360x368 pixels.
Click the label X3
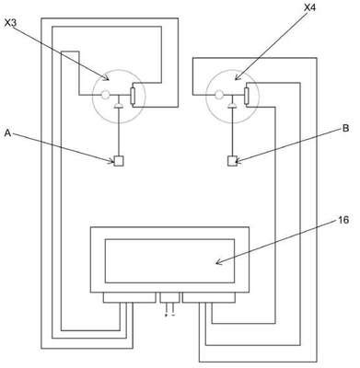tap(11, 23)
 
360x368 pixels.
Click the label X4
tap(309, 7)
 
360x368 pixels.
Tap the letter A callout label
tap(8, 133)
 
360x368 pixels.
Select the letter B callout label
tap(345, 128)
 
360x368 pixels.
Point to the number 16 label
tap(343, 220)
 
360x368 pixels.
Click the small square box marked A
tap(119, 161)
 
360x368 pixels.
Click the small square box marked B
tap(233, 161)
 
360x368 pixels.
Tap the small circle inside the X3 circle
tap(105, 95)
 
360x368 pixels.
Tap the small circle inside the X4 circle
tap(219, 95)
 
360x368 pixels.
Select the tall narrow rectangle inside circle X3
tap(134, 96)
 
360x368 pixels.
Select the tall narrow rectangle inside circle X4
tap(247, 96)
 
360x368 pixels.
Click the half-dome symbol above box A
tap(119, 106)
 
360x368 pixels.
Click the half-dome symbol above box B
tap(233, 106)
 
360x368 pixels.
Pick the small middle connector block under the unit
tap(169, 297)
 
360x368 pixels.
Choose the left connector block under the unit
tap(129, 297)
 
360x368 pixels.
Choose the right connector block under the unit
tap(209, 297)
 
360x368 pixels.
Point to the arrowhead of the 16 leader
tap(218, 262)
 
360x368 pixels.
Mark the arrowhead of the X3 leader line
tap(107, 78)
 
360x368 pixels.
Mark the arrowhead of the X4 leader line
tap(237, 78)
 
